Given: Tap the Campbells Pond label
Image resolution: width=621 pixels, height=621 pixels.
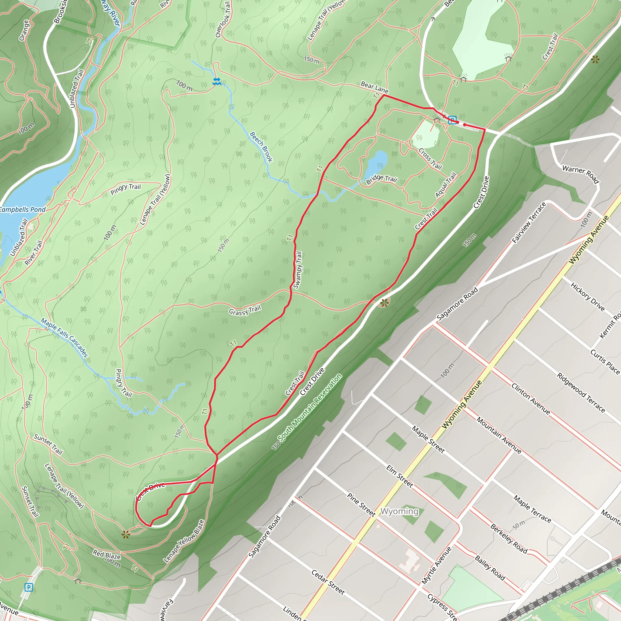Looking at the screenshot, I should [x=22, y=210].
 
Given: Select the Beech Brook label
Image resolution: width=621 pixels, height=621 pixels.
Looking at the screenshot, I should [x=261, y=147].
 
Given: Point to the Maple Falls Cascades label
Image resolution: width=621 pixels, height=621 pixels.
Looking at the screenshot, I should [x=64, y=337].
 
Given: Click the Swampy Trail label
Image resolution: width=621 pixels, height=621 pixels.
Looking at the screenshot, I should [x=298, y=270].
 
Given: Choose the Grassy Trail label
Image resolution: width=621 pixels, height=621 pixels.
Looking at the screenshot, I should [x=245, y=310].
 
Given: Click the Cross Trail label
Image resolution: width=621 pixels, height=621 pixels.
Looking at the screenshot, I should [x=430, y=159].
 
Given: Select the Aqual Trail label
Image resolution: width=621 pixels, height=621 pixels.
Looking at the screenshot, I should [x=446, y=185].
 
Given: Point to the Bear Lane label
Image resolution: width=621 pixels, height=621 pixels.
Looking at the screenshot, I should [x=374, y=87].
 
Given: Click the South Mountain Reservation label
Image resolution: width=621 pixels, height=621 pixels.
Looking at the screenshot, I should [x=310, y=408].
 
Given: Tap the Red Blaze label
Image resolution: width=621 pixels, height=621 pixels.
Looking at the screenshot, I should [x=106, y=555].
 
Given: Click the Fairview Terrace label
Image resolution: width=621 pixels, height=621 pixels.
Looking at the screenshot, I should [x=529, y=223].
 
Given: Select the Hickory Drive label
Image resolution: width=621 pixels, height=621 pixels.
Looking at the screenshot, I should [x=588, y=296].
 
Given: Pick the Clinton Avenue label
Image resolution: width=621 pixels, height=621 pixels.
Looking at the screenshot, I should [x=531, y=398].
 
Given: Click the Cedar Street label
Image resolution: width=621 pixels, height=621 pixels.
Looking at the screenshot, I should [x=328, y=582].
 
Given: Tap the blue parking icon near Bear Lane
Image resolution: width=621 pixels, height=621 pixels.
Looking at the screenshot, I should [x=452, y=120].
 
